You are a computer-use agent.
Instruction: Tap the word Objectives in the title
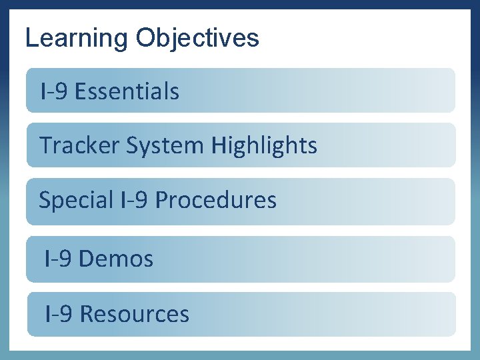pyautogui.click(x=197, y=38)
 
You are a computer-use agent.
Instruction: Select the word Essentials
pyautogui.click(x=127, y=91)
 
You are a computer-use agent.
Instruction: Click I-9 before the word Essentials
pyautogui.click(x=54, y=91)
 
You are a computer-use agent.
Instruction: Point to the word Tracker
pyautogui.click(x=71, y=145)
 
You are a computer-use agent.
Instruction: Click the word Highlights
pyautogui.click(x=265, y=145)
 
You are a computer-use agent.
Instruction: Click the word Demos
pyautogui.click(x=116, y=259)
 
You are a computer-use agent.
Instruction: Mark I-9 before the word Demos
pyautogui.click(x=58, y=259)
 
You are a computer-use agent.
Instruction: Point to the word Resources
pyautogui.click(x=134, y=314)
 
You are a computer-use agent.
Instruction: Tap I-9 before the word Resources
pyautogui.click(x=59, y=314)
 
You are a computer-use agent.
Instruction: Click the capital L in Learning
pyautogui.click(x=31, y=38)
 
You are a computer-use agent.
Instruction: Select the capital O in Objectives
pyautogui.click(x=145, y=38)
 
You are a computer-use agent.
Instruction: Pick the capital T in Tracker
pyautogui.click(x=45, y=145)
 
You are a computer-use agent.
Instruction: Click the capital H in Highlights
pyautogui.click(x=219, y=145)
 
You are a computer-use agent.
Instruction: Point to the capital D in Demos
pyautogui.click(x=86, y=259)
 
